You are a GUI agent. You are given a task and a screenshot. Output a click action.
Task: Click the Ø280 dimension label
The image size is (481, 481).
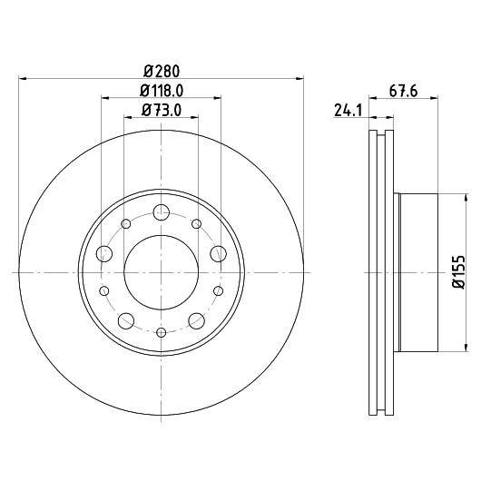(162, 72)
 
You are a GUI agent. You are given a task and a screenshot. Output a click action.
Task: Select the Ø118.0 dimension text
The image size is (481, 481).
(162, 91)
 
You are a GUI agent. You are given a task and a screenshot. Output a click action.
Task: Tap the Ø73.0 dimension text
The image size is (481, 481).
(162, 110)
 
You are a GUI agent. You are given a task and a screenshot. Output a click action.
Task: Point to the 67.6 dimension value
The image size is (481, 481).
(403, 91)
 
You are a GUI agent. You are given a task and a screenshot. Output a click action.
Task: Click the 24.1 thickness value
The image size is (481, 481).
(348, 111)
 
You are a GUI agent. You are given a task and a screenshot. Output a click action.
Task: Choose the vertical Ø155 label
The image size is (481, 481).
(459, 272)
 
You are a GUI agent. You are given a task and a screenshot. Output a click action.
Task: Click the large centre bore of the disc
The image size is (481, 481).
(161, 272)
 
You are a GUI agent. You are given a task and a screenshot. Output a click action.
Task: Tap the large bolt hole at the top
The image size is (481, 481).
(162, 212)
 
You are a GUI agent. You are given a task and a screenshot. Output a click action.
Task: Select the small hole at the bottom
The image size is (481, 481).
(161, 332)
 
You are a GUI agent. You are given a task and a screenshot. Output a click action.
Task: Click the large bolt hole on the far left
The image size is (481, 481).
(104, 254)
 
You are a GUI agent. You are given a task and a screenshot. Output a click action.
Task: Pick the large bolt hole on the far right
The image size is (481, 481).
(219, 254)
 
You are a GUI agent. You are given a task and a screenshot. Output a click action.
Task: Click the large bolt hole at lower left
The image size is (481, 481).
(126, 321)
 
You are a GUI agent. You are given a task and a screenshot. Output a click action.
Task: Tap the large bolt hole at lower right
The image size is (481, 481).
(197, 321)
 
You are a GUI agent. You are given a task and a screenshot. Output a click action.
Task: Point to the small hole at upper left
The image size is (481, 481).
(126, 224)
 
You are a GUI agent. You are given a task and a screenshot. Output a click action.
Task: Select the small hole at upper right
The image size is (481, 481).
(197, 224)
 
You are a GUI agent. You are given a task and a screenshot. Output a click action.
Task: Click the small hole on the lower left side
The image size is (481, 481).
(104, 290)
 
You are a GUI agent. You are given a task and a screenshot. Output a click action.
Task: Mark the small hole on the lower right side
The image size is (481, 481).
(218, 290)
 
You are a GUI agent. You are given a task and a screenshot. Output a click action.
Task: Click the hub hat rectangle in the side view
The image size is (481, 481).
(418, 272)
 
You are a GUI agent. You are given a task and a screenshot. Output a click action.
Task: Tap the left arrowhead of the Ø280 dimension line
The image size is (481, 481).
(23, 79)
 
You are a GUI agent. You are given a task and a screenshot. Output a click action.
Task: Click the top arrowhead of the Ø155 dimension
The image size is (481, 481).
(466, 198)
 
